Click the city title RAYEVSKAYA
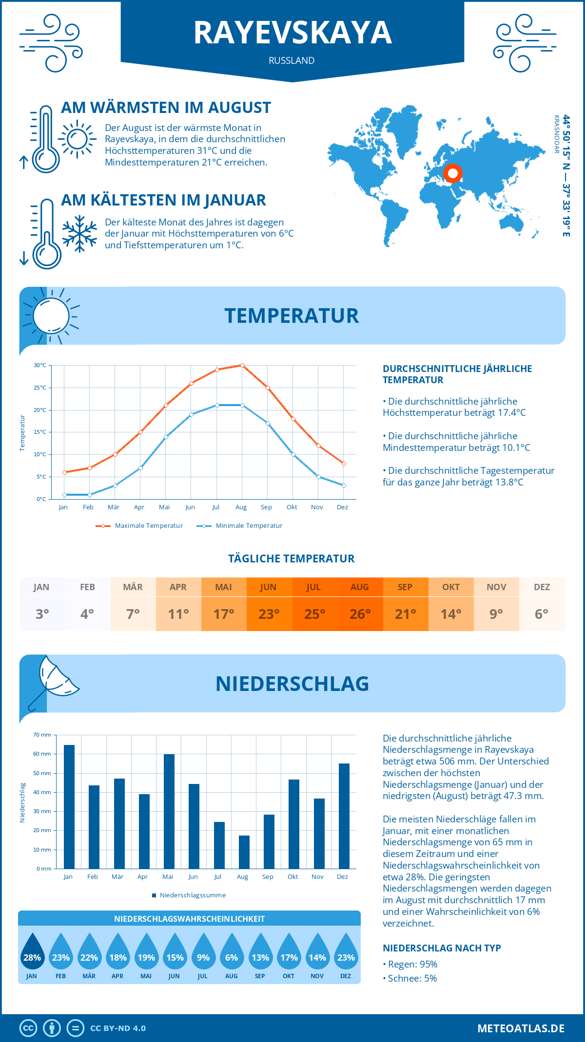click(x=292, y=33)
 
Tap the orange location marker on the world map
click(x=453, y=173)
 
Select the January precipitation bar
click(x=69, y=807)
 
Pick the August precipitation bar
click(x=244, y=852)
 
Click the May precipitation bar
click(x=169, y=811)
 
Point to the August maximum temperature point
click(x=242, y=365)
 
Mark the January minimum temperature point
click(x=64, y=495)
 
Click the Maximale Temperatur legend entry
click(x=140, y=526)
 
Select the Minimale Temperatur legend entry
click(x=240, y=526)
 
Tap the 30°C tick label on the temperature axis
click(x=40, y=365)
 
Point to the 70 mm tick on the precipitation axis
click(x=42, y=735)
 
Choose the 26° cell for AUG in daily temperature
click(x=360, y=614)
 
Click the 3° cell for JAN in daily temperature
click(x=42, y=614)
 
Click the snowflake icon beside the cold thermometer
click(x=79, y=234)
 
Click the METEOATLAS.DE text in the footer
click(x=521, y=1028)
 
